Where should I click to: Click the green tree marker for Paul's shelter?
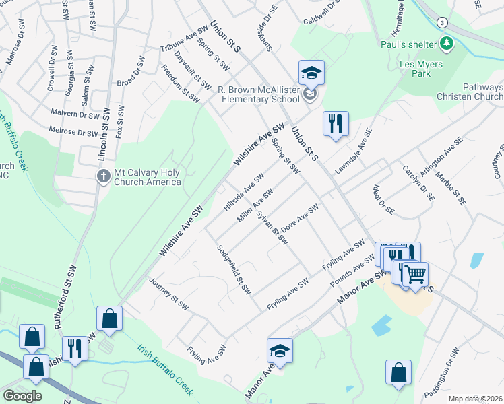point(445,44)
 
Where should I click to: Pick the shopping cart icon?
point(416,274)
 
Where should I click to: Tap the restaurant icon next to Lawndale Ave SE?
point(335,123)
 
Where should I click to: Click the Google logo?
point(23,396)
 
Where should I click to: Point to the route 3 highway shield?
point(440,22)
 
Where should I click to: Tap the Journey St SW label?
point(169,297)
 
